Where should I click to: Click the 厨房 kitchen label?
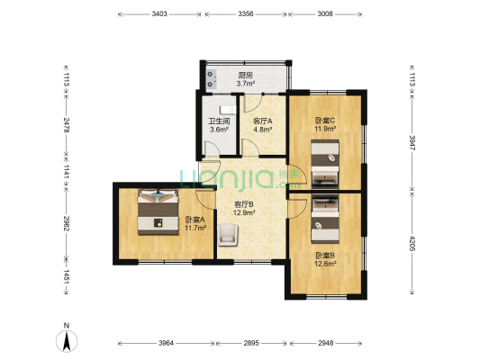(x=246, y=76)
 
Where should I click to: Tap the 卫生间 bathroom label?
(x=219, y=121)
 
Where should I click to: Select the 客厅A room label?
(x=262, y=121)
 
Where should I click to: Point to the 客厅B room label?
(x=244, y=204)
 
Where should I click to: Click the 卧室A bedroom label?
(x=195, y=220)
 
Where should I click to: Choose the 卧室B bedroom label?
(x=325, y=255)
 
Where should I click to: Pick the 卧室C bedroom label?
(x=325, y=121)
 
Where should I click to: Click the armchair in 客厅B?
(x=228, y=235)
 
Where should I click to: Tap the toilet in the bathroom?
(x=228, y=110)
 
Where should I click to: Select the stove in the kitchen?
(x=212, y=79)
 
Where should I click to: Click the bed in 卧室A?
(x=158, y=212)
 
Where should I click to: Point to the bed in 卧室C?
(x=325, y=163)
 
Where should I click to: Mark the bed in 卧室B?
(x=325, y=220)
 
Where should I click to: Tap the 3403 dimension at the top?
(x=159, y=13)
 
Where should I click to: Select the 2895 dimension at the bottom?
(x=251, y=343)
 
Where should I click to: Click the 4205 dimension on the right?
(x=412, y=244)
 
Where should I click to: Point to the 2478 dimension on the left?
(x=66, y=124)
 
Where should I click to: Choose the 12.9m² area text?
(x=244, y=212)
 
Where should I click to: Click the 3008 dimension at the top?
(x=325, y=13)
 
